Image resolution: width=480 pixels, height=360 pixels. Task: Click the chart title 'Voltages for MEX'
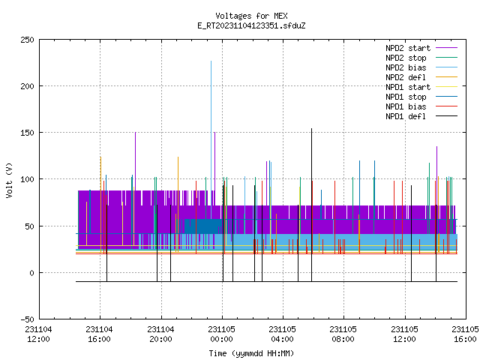point(251,16)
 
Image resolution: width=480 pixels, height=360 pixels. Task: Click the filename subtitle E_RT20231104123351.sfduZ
point(251,25)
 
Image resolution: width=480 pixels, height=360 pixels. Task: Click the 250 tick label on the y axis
point(27,40)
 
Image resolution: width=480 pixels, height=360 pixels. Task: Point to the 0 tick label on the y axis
point(31,273)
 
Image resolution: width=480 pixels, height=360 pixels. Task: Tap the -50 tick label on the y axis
point(27,319)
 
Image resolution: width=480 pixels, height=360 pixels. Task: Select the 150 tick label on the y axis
point(27,133)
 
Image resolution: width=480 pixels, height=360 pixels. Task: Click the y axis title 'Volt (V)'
point(9,180)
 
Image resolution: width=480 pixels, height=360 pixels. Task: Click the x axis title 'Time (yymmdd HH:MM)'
point(251,353)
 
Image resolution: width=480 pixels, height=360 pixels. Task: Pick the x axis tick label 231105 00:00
point(222,334)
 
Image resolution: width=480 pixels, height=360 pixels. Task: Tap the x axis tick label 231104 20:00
point(160,334)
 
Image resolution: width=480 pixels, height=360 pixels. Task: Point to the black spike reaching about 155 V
point(312,205)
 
